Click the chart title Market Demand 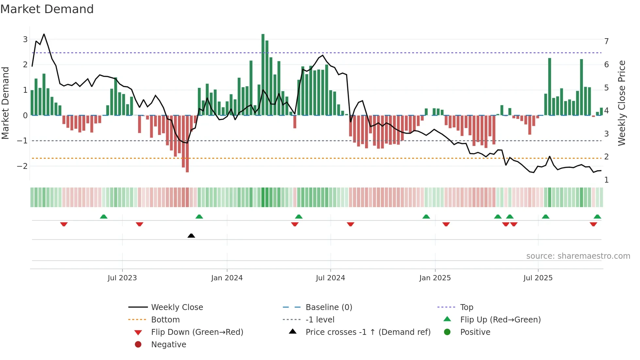click(47, 9)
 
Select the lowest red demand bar click(187, 144)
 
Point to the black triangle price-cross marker click(191, 236)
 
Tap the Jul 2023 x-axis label click(122, 278)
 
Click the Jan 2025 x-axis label click(435, 278)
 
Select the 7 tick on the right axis click(606, 41)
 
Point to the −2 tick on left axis click(22, 166)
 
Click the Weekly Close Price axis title click(622, 103)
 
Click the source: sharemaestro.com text click(578, 256)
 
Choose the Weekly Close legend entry click(177, 307)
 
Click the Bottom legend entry click(165, 320)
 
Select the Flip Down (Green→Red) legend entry click(197, 332)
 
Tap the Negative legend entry click(168, 345)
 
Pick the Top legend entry click(466, 307)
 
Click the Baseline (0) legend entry click(328, 307)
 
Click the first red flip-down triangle click(64, 224)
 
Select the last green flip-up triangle click(597, 217)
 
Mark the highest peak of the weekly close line click(44, 34)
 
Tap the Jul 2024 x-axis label click(330, 278)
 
